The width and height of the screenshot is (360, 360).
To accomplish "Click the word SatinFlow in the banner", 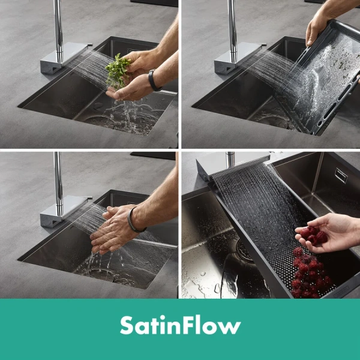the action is pyautogui.click(x=181, y=325).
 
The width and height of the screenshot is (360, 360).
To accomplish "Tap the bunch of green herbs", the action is pyautogui.click(x=118, y=71).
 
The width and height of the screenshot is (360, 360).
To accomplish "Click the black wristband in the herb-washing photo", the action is pyautogui.click(x=153, y=80).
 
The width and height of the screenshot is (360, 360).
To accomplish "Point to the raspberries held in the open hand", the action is pyautogui.click(x=313, y=235).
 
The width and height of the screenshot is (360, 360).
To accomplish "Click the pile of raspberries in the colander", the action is pyautogui.click(x=310, y=273).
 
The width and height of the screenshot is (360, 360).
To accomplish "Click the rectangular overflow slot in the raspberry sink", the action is pyautogui.click(x=341, y=175).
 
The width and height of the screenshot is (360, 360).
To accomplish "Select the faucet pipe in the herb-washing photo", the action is pyautogui.click(x=58, y=31).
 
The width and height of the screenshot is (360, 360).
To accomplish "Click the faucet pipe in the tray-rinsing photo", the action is pyautogui.click(x=232, y=31).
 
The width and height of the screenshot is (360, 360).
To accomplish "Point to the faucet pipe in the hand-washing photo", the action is pyautogui.click(x=59, y=184).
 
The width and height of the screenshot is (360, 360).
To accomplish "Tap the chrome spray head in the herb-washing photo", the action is pyautogui.click(x=64, y=58).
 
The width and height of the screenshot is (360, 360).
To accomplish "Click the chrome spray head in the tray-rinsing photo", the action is pyautogui.click(x=239, y=58).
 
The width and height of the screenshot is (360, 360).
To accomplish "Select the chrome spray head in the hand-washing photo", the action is pyautogui.click(x=64, y=211).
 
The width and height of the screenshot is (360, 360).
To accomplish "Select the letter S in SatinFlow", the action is pyautogui.click(x=127, y=325).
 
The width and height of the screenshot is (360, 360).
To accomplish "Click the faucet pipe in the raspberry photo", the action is pyautogui.click(x=230, y=160).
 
